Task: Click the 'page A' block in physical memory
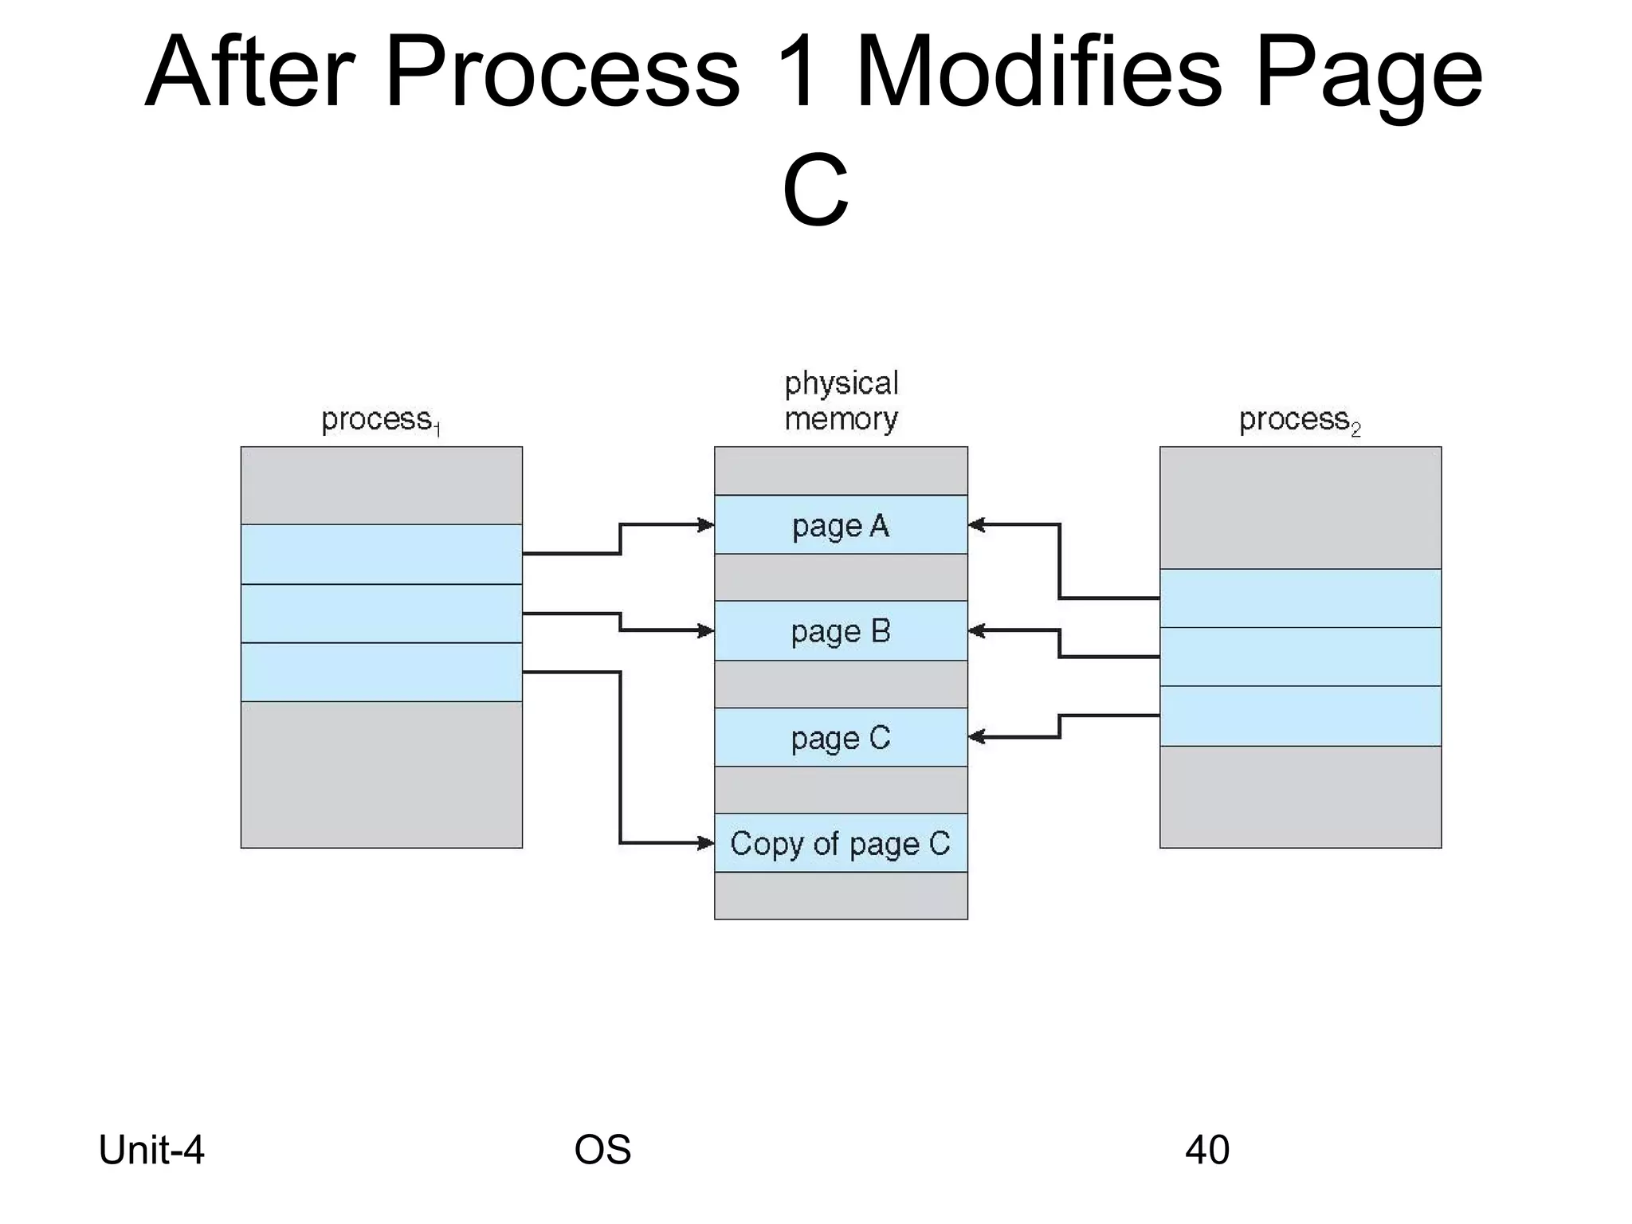(x=841, y=525)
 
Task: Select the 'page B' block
(x=841, y=631)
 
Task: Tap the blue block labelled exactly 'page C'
(x=841, y=738)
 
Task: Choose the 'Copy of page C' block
(x=841, y=843)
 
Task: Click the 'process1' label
(x=380, y=420)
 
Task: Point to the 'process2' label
(x=1299, y=420)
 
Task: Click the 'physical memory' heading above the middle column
(x=841, y=401)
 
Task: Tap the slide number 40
(x=1206, y=1150)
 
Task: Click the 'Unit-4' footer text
(x=151, y=1150)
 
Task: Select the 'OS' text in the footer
(x=602, y=1150)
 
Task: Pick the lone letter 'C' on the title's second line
(x=815, y=191)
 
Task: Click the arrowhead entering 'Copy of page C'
(x=706, y=842)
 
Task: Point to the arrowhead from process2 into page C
(x=977, y=737)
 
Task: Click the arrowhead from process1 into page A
(x=706, y=524)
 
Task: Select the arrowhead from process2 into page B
(x=977, y=630)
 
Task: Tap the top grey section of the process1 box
(x=381, y=485)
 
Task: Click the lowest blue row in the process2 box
(x=1300, y=716)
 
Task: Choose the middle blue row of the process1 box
(x=381, y=614)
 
